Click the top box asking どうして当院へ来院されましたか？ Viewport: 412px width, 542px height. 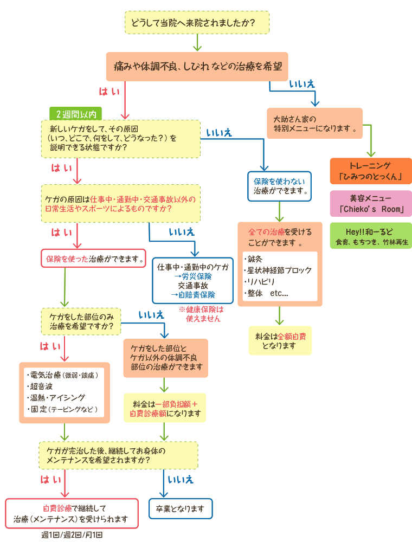tap(197, 23)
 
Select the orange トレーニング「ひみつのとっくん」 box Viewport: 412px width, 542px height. tap(371, 171)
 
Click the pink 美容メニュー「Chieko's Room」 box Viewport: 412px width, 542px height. tap(371, 203)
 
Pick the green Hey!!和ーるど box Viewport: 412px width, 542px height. tap(371, 236)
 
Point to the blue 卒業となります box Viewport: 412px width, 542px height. tap(181, 509)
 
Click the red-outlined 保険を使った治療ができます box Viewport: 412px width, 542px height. tap(94, 259)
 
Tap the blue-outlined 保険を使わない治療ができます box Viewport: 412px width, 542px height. tap(280, 186)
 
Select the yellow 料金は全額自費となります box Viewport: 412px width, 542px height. tap(280, 340)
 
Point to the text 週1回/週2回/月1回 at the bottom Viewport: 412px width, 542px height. tap(72, 535)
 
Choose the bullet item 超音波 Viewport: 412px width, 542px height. tap(42, 386)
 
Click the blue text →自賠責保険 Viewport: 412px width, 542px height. tap(193, 295)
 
